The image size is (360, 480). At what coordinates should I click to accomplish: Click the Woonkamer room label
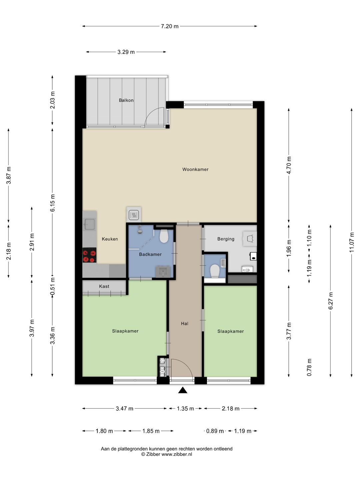click(x=195, y=169)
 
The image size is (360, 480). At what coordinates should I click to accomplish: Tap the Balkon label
click(x=126, y=100)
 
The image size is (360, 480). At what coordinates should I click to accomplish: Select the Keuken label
click(x=110, y=239)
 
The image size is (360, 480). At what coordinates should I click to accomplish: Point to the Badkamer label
click(x=150, y=254)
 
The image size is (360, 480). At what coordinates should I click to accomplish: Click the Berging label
click(x=226, y=239)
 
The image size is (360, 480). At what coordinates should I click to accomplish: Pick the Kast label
click(x=104, y=286)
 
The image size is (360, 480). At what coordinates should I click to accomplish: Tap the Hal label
click(x=184, y=323)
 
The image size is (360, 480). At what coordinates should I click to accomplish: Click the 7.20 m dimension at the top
click(x=170, y=26)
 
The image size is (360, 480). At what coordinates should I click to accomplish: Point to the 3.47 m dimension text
click(x=124, y=408)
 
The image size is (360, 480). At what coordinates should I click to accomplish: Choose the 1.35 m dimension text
click(x=185, y=408)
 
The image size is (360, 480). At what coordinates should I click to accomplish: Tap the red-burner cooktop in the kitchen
click(x=89, y=255)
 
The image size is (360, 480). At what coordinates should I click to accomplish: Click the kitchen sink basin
click(x=90, y=224)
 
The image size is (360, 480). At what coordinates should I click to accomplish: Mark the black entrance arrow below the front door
click(x=183, y=390)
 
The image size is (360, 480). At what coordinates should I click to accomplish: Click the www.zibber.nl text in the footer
click(x=177, y=454)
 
